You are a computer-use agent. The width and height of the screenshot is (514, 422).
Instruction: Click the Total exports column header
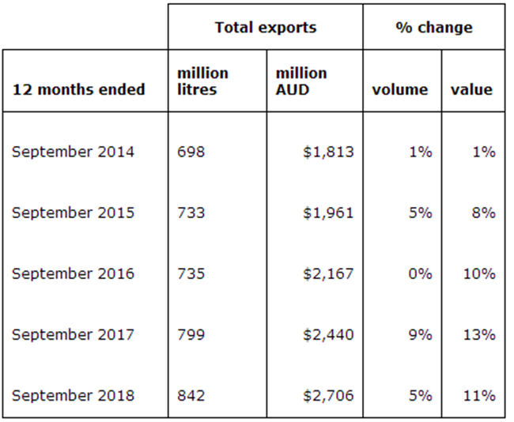(x=265, y=27)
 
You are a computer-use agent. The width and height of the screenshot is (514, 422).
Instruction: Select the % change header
(x=433, y=27)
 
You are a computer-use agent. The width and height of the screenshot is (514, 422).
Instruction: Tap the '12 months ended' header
(x=78, y=89)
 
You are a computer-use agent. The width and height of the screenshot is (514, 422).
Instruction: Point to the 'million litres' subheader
(x=202, y=81)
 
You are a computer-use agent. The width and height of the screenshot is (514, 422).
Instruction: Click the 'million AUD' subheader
(x=300, y=81)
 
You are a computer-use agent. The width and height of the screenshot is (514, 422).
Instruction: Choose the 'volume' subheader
(x=399, y=89)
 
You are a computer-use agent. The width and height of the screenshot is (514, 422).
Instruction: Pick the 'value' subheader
(x=471, y=89)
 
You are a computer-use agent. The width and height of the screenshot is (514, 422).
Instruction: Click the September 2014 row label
(x=73, y=152)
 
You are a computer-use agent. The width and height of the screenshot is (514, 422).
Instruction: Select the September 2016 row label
(x=73, y=273)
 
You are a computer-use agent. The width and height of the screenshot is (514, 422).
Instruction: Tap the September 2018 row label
(x=73, y=395)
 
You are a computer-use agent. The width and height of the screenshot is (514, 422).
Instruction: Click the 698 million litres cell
(x=191, y=152)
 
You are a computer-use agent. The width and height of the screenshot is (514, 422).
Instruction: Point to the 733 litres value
(x=191, y=213)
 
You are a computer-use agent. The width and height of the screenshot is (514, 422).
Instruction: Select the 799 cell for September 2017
(x=191, y=334)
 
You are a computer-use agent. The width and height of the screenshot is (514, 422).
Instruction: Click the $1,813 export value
(x=327, y=152)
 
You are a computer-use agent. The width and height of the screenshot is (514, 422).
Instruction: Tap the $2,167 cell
(x=327, y=273)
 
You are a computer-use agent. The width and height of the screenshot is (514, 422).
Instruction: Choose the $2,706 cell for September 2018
(x=327, y=395)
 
